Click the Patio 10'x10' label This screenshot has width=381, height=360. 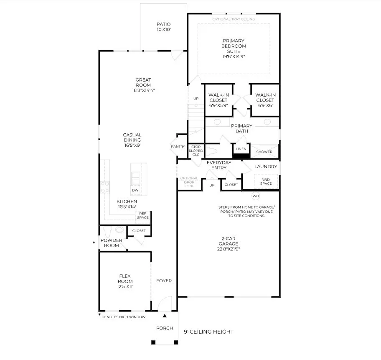tap(163, 27)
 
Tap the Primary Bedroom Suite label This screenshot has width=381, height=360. tap(234, 46)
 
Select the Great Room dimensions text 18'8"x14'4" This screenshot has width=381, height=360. tap(143, 90)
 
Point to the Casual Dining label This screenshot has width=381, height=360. tap(132, 138)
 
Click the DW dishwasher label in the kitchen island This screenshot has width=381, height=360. tap(135, 190)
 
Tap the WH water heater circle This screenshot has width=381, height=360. tap(256, 196)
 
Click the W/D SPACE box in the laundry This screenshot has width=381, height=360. tap(266, 181)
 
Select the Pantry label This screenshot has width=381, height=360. tap(178, 146)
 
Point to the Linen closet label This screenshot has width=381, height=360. tap(241, 148)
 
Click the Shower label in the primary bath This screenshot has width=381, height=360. tap(264, 152)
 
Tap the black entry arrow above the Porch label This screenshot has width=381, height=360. tap(165, 316)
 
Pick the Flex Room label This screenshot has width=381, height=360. tap(125, 278)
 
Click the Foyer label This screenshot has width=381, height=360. tap(164, 281)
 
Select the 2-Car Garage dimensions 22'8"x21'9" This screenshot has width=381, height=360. tap(229, 249)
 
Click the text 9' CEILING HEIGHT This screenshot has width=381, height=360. tap(208, 332)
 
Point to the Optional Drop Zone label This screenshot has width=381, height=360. tap(189, 182)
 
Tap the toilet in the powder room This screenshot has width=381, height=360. tap(107, 231)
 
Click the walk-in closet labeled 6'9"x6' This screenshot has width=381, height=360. tap(265, 100)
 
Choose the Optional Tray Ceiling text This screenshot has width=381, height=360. tap(234, 19)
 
